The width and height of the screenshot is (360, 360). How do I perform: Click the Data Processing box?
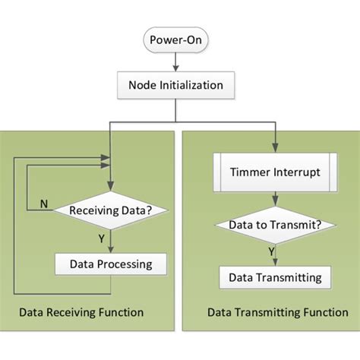point(112,264)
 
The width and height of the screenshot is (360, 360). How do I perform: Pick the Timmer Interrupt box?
point(275,172)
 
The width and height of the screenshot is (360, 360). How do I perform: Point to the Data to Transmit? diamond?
point(275,225)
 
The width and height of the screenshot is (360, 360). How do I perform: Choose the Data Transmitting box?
point(275,277)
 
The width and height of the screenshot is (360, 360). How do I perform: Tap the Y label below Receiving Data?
point(100,237)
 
